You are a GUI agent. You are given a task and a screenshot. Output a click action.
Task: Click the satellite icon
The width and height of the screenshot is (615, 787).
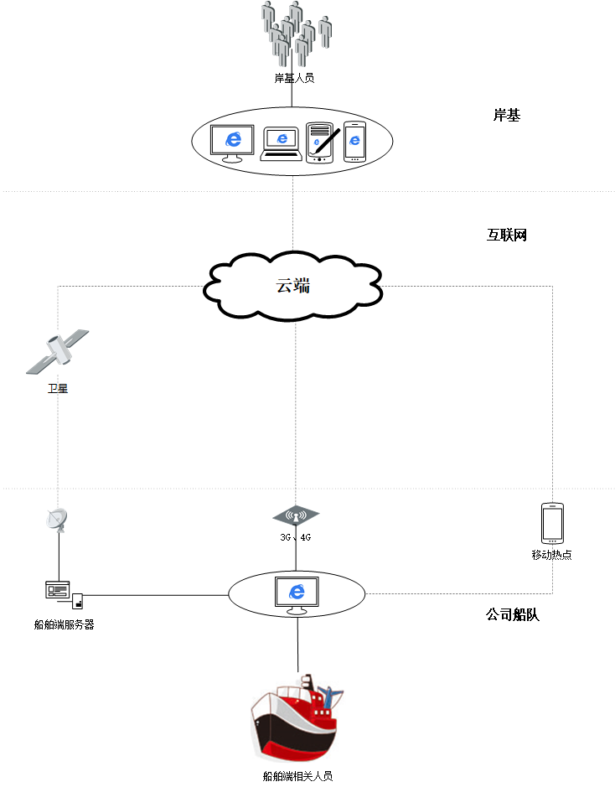point(58,351)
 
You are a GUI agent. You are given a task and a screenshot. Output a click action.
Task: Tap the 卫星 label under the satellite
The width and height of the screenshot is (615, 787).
point(57,388)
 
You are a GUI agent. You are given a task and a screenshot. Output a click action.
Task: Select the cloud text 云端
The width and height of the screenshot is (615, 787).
point(293,285)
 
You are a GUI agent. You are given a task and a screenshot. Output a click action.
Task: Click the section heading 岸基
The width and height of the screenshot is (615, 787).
point(506,116)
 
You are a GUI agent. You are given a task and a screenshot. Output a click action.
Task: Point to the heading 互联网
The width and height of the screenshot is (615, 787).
point(506,236)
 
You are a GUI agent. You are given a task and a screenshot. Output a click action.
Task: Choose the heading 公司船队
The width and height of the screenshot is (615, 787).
point(512,614)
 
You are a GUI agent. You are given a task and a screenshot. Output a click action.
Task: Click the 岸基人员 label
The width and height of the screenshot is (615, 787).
point(294,78)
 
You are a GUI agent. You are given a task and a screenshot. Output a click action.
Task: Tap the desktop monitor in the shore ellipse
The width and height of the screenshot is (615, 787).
point(231,143)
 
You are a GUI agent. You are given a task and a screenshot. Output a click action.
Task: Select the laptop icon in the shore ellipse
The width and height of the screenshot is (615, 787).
point(282,142)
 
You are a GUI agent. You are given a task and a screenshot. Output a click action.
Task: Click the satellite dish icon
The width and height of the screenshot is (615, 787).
point(57,520)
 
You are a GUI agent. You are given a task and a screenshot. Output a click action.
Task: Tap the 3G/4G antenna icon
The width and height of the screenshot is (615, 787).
point(296,515)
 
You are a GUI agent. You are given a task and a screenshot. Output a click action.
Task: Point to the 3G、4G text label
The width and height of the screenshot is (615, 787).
point(296,537)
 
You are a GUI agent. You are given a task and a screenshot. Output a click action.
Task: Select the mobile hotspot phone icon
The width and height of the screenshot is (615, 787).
point(552,523)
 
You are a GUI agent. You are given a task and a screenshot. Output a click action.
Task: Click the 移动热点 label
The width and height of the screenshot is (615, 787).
point(551,555)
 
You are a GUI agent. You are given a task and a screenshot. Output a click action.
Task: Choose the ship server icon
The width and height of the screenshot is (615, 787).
point(63,593)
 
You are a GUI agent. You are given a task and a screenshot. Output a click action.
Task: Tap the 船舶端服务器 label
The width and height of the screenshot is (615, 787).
point(64,624)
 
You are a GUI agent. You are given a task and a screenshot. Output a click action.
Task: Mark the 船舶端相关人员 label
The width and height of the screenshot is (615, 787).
point(298,776)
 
